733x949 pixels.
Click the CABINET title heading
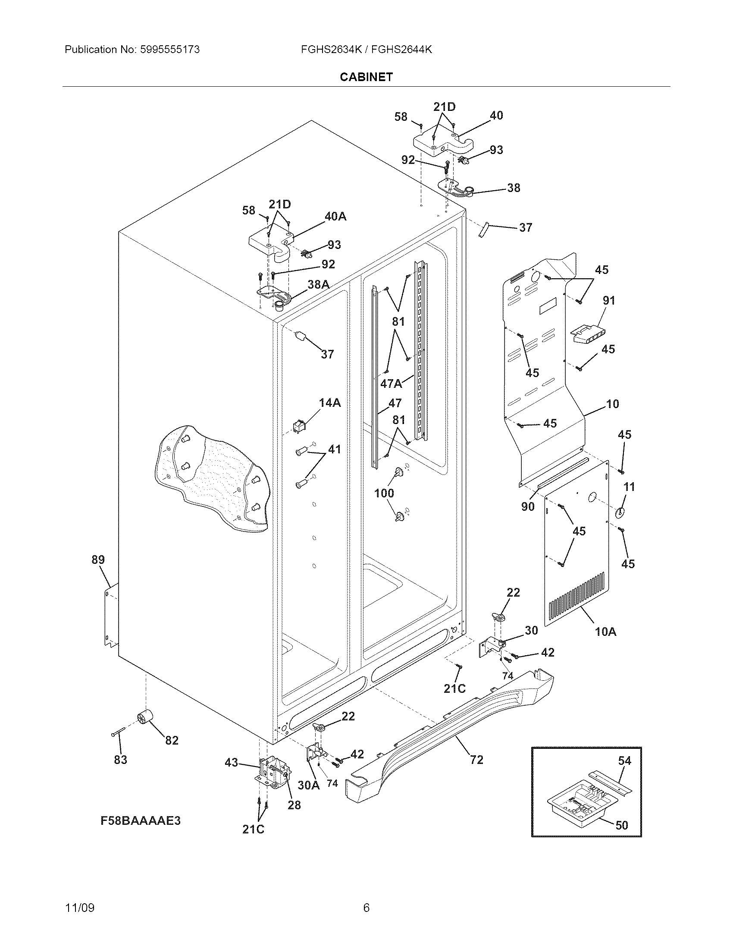(366, 77)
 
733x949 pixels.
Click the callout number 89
(98, 559)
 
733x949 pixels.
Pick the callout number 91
(609, 300)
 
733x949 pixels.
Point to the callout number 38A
(318, 285)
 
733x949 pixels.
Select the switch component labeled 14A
(299, 427)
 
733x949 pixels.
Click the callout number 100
(384, 493)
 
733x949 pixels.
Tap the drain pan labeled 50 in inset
(573, 803)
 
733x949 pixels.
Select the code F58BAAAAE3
(140, 821)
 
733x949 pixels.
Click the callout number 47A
(391, 383)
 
